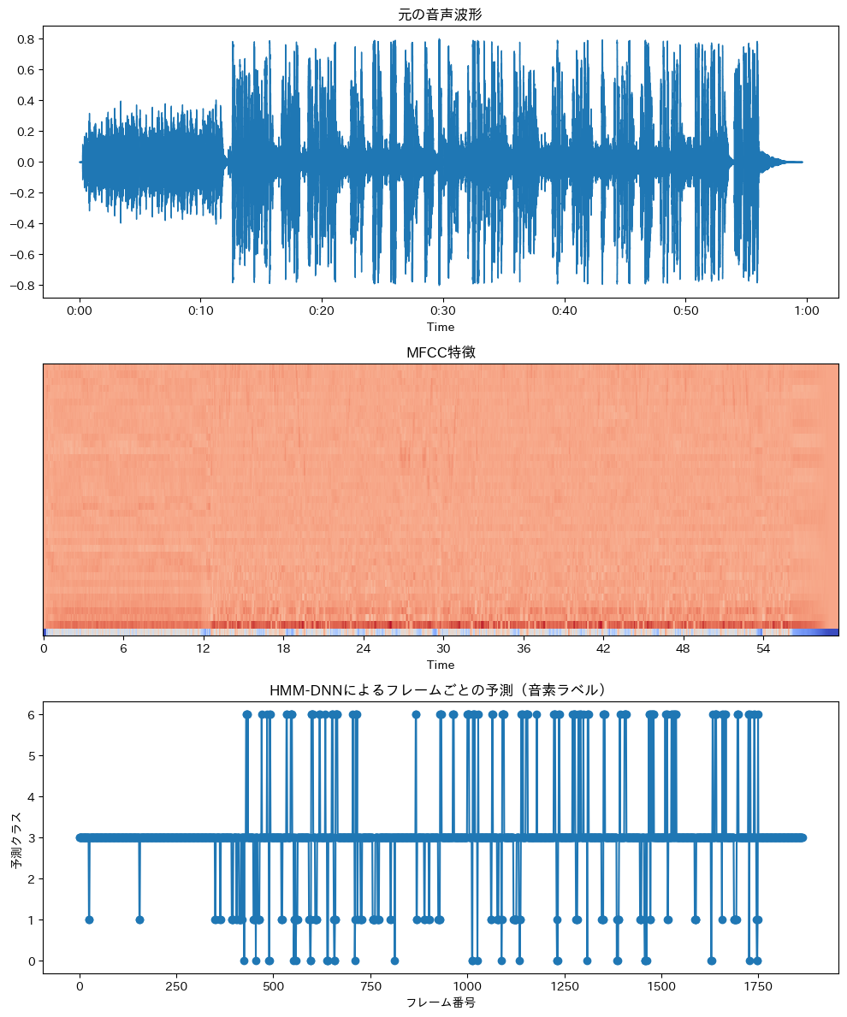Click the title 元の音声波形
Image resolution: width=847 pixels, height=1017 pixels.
(441, 14)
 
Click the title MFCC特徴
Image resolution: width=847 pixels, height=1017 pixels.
(441, 352)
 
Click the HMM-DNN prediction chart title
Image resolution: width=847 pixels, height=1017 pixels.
(441, 690)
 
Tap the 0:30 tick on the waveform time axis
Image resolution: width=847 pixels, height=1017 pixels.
(443, 310)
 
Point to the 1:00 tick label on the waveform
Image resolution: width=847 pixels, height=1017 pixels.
(807, 310)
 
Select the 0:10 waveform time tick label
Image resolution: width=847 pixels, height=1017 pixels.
(201, 310)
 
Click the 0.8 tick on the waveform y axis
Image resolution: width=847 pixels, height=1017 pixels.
(25, 39)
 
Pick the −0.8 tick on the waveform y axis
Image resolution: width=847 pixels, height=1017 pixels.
(22, 286)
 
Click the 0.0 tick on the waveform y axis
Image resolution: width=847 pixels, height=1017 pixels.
(25, 163)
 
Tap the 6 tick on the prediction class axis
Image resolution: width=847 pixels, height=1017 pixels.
(31, 714)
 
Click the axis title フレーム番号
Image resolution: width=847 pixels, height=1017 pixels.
(441, 1002)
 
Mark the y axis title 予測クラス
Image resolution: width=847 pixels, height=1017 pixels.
(16, 837)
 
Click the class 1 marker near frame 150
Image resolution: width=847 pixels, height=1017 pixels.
(139, 919)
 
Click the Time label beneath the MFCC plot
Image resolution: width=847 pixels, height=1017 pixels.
(441, 665)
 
